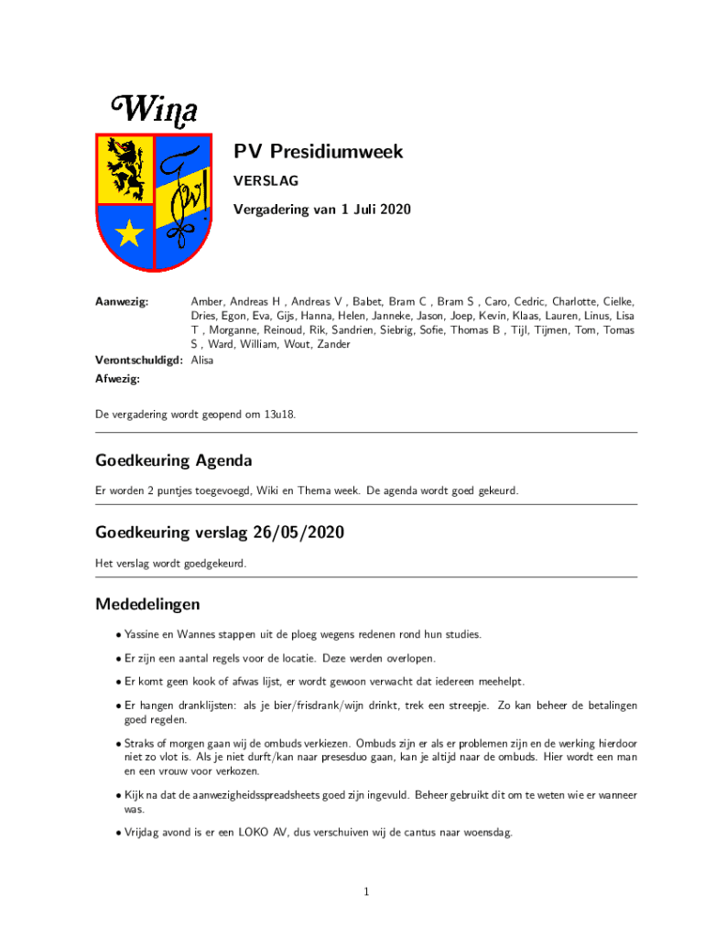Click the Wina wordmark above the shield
(155, 110)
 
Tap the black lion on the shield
(125, 168)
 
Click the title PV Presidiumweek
(318, 152)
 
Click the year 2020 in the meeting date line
(393, 210)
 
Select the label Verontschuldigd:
(139, 360)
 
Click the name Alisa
(201, 360)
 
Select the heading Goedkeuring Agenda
(173, 459)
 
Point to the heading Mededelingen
(147, 605)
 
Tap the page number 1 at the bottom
(365, 892)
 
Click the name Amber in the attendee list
(205, 301)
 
